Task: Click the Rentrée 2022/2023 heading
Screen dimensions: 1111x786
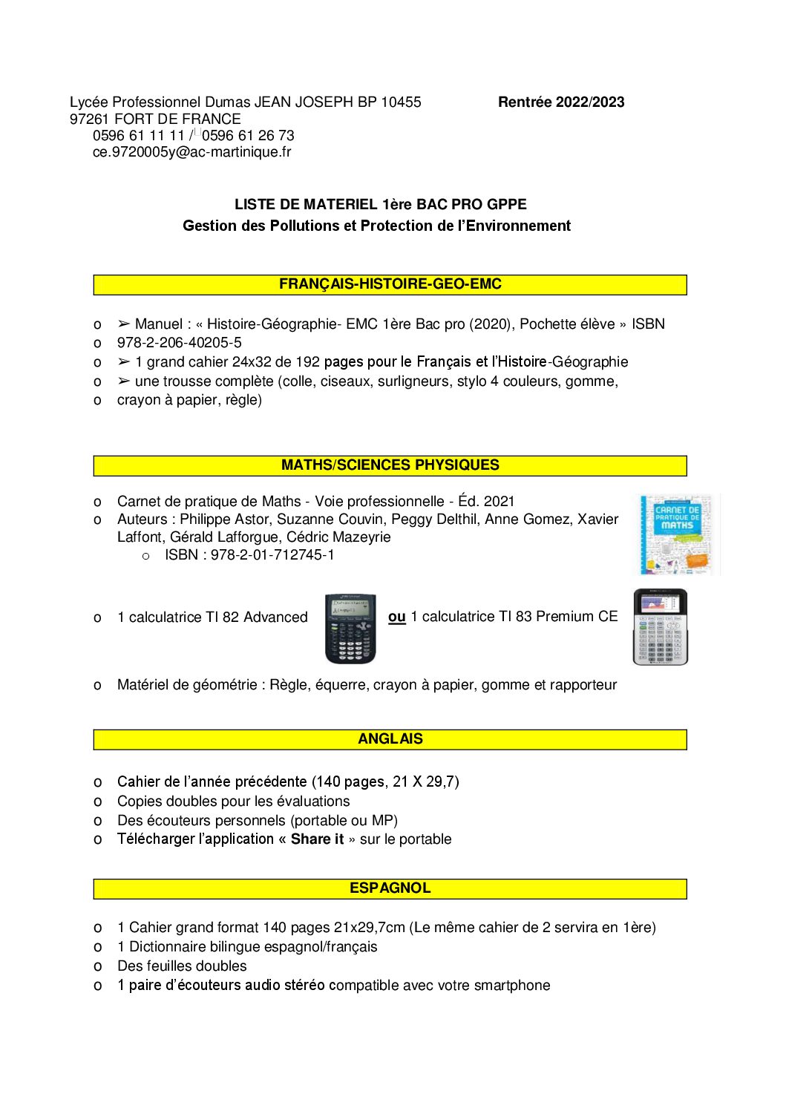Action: tap(561, 102)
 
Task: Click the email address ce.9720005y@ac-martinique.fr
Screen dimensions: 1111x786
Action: tap(191, 152)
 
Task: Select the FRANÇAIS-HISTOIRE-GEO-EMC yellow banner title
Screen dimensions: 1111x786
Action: tap(390, 284)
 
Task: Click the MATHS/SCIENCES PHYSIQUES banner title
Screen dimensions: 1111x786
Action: tap(390, 465)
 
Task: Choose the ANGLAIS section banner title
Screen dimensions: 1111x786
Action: tap(390, 739)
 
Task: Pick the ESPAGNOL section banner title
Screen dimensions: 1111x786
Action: tap(390, 888)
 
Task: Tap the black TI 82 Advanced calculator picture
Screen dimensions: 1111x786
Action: tap(350, 628)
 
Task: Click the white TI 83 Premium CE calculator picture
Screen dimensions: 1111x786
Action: tap(660, 627)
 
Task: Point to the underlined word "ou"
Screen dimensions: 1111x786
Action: tap(397, 617)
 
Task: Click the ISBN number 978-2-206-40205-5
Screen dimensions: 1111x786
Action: tap(179, 343)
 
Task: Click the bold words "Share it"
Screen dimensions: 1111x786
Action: tap(317, 839)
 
